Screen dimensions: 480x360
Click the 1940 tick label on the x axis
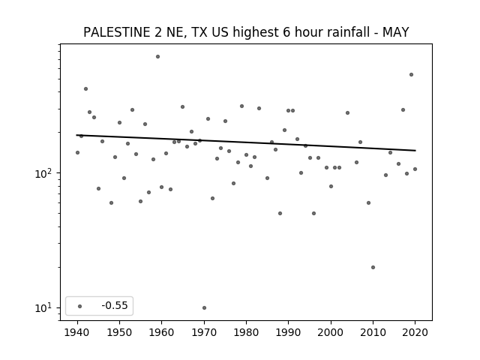coord(77,332)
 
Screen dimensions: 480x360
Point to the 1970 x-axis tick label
coord(204,332)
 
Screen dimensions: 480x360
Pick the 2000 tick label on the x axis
coord(331,332)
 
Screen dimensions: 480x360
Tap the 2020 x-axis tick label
coord(415,332)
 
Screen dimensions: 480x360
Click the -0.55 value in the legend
coord(115,305)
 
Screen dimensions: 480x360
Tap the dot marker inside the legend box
coord(80,306)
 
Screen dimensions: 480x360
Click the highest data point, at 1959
coord(157,57)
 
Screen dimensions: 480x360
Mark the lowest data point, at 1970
coord(204,307)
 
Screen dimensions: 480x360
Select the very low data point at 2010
coord(373,267)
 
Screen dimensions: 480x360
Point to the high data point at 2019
coord(411,75)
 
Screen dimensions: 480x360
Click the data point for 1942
coord(85,88)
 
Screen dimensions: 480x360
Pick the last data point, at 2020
coord(415,169)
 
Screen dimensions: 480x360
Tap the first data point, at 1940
coord(77,152)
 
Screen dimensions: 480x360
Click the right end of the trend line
coord(415,150)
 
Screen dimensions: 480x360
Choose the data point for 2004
coord(347,113)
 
